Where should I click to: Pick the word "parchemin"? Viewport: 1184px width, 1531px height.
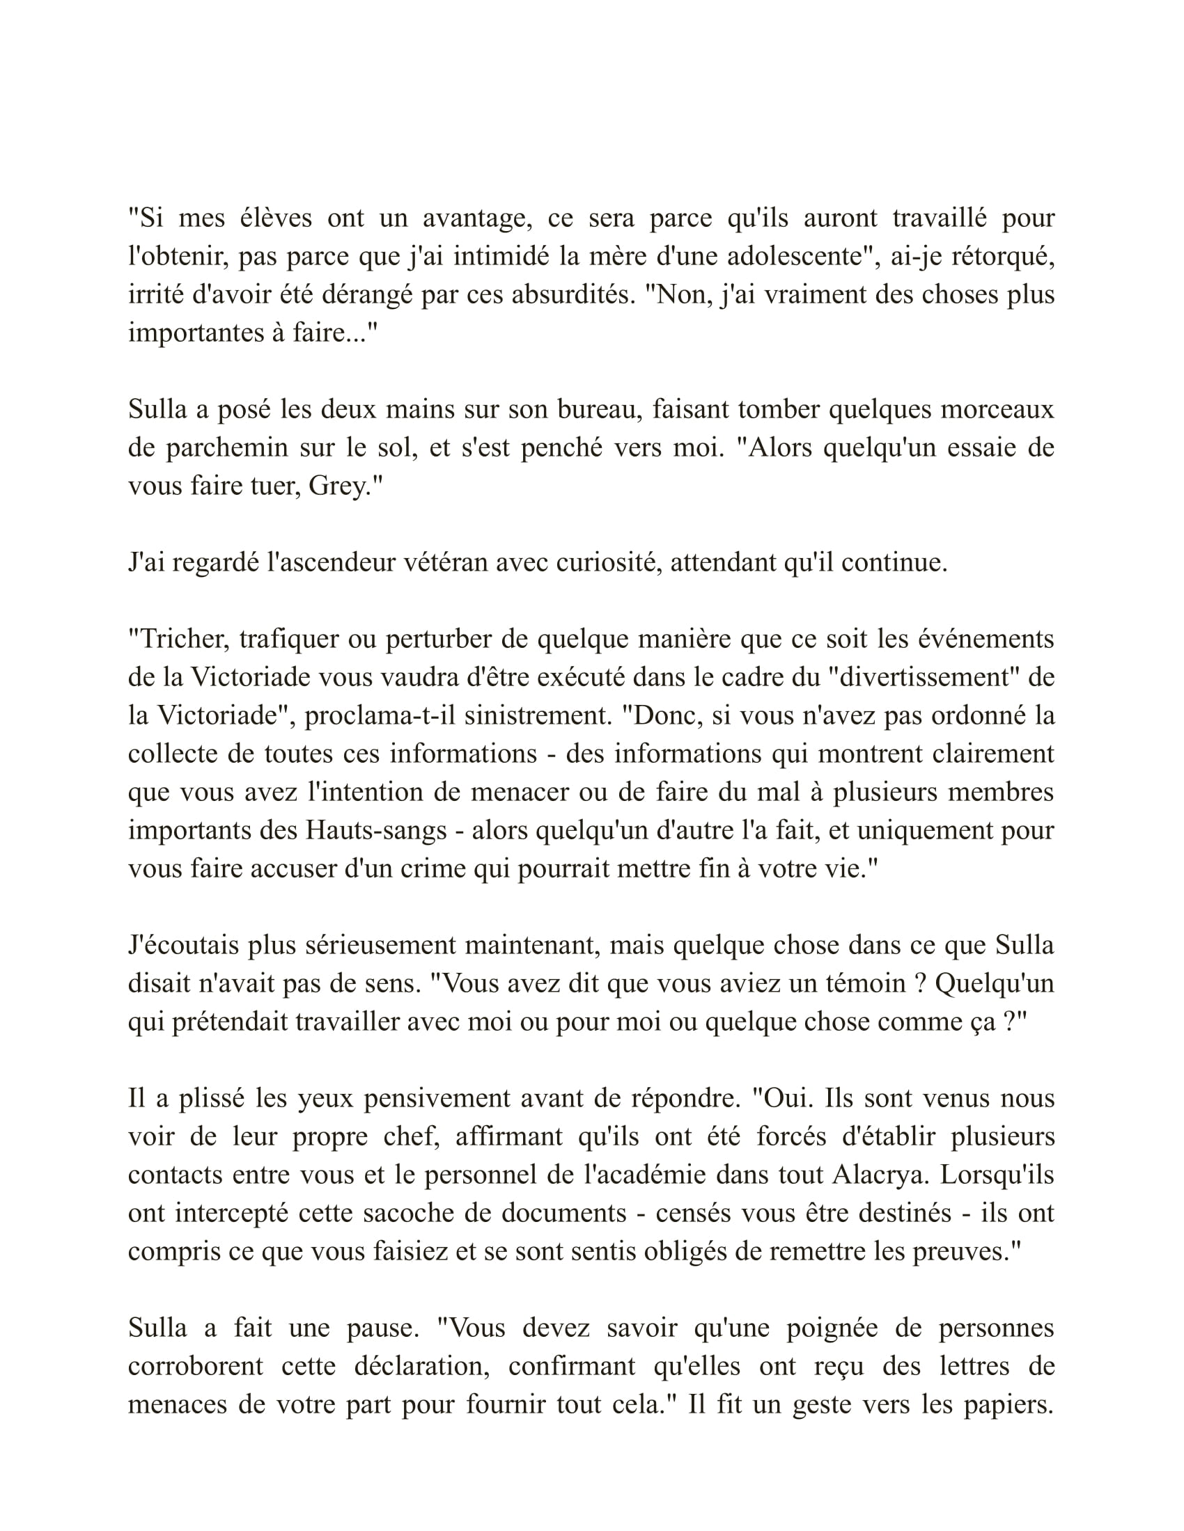click(x=225, y=448)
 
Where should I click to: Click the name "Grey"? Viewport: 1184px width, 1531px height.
click(x=338, y=486)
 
